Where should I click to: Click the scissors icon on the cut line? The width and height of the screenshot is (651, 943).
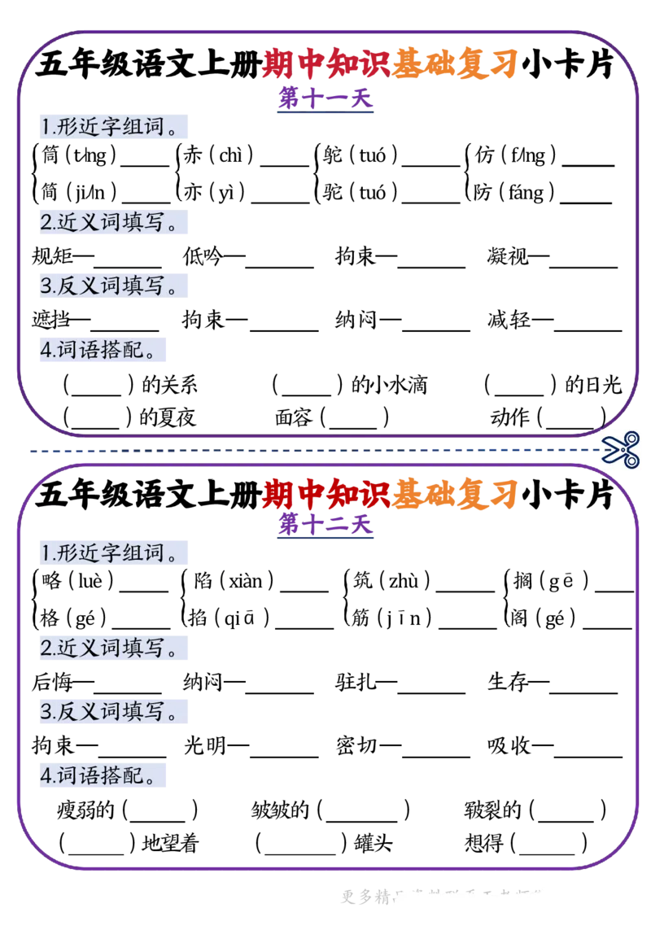click(622, 449)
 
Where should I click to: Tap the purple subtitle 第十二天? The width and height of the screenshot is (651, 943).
click(325, 525)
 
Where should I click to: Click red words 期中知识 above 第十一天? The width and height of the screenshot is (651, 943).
click(325, 65)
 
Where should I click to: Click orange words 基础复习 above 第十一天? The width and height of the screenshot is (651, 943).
click(454, 65)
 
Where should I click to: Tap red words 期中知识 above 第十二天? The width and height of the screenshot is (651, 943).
click(325, 492)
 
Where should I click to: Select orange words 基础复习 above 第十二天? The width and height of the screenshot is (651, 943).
click(454, 492)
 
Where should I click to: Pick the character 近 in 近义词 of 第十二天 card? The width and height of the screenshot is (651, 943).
click(66, 649)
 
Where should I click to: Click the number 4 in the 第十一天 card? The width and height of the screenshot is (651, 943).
click(46, 350)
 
